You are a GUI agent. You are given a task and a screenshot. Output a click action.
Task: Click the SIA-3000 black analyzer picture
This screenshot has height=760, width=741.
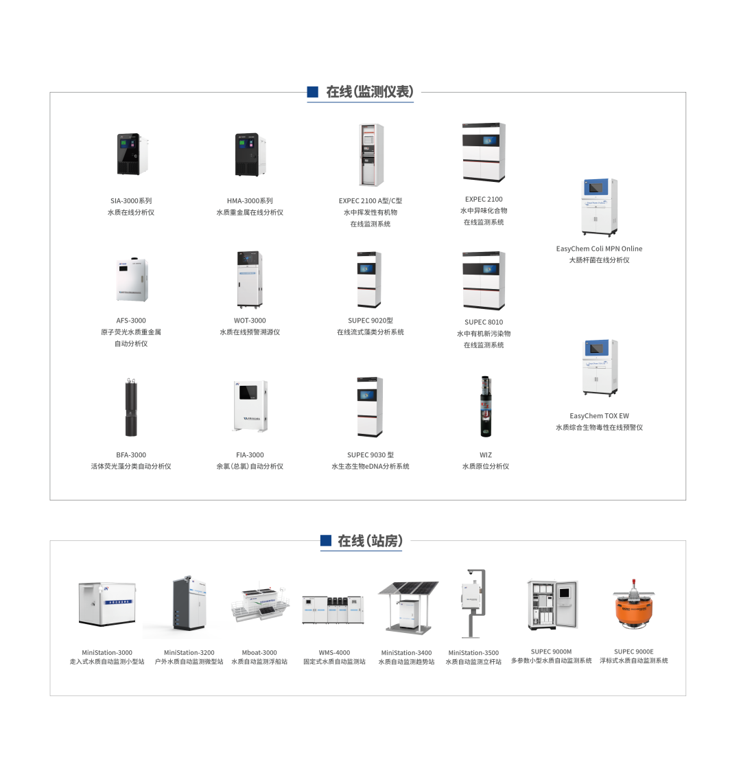click(x=131, y=154)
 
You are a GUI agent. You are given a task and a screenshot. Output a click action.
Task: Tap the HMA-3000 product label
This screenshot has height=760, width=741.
click(x=250, y=201)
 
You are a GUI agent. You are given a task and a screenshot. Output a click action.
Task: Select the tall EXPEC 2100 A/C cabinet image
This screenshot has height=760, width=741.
click(x=370, y=155)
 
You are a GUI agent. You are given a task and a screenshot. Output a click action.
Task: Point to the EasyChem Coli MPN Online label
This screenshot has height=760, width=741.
click(x=599, y=249)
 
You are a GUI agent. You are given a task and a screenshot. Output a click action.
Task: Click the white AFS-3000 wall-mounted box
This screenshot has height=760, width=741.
click(x=131, y=280)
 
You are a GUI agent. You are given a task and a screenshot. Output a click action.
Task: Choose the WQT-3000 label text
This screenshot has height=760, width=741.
click(x=250, y=321)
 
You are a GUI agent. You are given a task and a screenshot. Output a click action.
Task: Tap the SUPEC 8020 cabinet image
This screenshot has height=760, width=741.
click(x=369, y=280)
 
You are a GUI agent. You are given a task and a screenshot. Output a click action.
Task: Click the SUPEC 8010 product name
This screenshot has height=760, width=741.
click(x=483, y=322)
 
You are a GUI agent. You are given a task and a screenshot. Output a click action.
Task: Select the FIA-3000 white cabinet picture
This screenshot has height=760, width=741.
click(x=250, y=406)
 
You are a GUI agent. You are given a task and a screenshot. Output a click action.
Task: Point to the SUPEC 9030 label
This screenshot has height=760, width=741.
click(x=370, y=455)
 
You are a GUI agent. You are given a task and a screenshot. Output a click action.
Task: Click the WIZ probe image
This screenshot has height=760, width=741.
click(x=486, y=406)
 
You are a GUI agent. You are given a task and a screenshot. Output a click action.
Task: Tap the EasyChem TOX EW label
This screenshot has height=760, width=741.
click(x=599, y=416)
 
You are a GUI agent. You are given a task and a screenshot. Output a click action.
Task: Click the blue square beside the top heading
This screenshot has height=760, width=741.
click(x=313, y=91)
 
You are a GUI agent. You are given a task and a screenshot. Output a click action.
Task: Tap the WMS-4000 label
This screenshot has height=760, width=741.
click(x=334, y=652)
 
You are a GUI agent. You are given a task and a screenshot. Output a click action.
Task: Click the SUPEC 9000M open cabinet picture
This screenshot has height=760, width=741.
click(x=552, y=604)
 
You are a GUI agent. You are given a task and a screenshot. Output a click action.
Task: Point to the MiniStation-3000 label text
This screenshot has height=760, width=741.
click(x=107, y=652)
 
